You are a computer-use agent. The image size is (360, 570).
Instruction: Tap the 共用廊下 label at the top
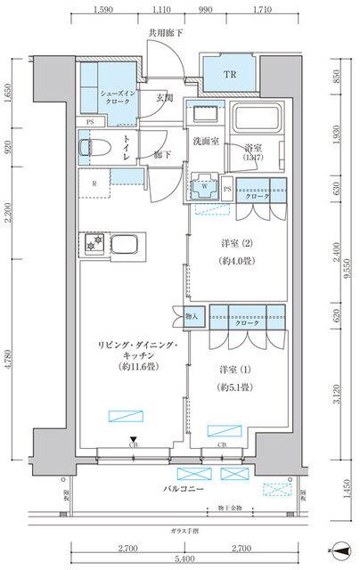pyautogui.click(x=166, y=34)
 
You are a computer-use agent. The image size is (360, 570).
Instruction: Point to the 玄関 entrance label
pyautogui.click(x=166, y=98)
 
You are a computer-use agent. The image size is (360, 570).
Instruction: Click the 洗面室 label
pyautogui.click(x=209, y=141)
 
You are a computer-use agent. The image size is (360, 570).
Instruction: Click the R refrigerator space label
pyautogui.click(x=94, y=185)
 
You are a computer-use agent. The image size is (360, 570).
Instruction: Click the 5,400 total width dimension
pyautogui.click(x=184, y=558)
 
